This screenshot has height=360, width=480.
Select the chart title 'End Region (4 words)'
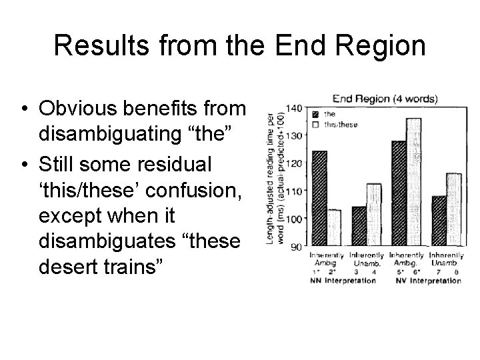pos(385,99)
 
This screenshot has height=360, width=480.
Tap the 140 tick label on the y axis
pos(293,108)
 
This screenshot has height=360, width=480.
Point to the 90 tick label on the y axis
pos(296,247)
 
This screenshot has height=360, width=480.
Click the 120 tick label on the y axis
pos(293,164)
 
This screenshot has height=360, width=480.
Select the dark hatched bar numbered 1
pos(319,199)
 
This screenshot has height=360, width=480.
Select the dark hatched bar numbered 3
pos(359,226)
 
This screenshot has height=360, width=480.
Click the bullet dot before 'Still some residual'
pos(23,164)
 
